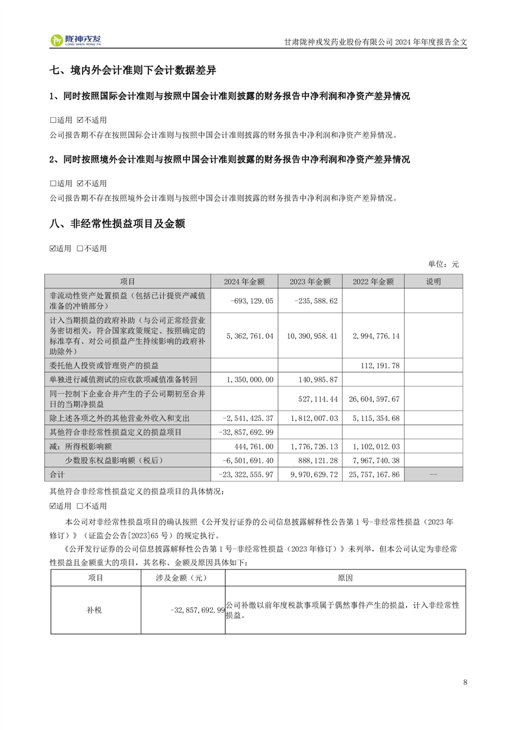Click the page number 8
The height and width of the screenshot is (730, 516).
(x=465, y=682)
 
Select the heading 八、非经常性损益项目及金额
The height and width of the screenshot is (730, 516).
(x=117, y=224)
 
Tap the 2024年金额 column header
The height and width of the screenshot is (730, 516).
(x=244, y=282)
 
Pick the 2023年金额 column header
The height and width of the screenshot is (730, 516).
(x=310, y=282)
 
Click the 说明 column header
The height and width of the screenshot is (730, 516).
(x=433, y=282)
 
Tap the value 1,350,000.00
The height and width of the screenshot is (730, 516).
(x=251, y=379)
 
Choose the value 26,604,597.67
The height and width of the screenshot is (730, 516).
(x=373, y=398)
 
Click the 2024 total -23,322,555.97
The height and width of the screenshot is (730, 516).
(x=247, y=475)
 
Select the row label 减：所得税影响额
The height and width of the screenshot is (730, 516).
(x=86, y=446)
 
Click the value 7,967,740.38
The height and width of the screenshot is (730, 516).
(x=375, y=461)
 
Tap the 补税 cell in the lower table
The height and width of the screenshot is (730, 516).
(x=95, y=610)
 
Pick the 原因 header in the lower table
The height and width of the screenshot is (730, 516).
(x=345, y=578)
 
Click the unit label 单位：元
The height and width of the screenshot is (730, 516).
(x=443, y=264)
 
